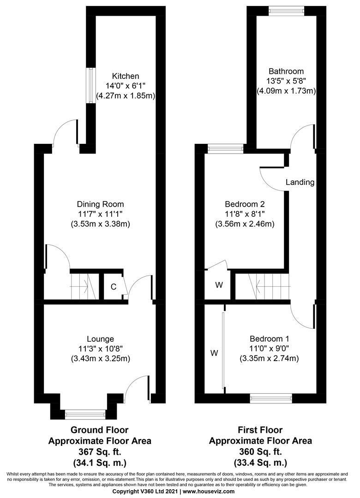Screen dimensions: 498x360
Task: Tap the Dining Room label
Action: point(100,204)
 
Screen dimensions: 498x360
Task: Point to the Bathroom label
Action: point(286,71)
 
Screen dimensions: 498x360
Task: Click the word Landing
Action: point(300,182)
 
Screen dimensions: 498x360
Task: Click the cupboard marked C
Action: point(113,287)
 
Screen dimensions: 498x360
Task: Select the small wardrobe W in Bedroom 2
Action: point(219,285)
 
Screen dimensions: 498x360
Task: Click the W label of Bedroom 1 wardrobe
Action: point(214,353)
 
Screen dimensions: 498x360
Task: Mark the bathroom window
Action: point(287,11)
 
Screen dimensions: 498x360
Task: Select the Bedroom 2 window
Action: point(225,148)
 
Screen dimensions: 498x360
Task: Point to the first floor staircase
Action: point(263,286)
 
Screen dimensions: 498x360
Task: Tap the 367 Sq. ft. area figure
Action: point(100,451)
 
